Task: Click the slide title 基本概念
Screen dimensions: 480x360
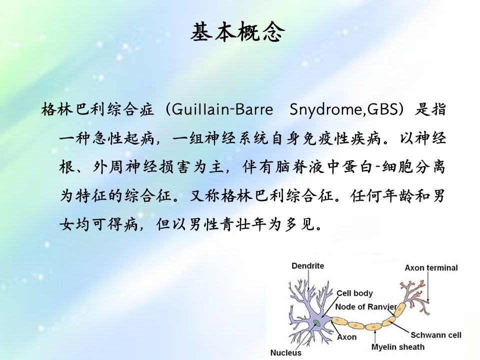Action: (237, 32)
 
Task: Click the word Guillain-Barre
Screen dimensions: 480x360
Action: (222, 109)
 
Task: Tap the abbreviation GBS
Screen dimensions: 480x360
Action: (383, 109)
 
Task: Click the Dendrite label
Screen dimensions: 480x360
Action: (307, 265)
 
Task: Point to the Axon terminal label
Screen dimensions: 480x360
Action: (431, 268)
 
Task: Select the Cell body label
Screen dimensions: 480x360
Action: (354, 293)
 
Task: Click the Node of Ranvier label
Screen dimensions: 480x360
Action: (366, 306)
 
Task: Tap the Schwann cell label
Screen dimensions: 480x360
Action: (435, 335)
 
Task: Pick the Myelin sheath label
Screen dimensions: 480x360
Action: (398, 347)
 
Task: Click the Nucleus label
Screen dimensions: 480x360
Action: (285, 352)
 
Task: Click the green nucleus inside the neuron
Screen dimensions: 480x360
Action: (316, 322)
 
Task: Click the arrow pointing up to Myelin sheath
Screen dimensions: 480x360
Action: (375, 336)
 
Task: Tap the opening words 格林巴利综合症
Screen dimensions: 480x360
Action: (97, 109)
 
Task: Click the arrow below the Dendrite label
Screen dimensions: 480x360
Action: (308, 280)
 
